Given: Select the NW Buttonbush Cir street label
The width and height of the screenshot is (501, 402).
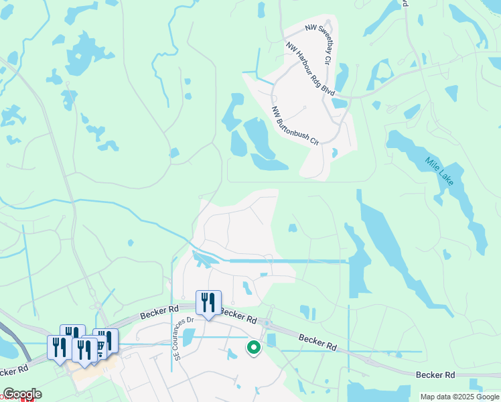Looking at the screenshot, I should click(x=294, y=125).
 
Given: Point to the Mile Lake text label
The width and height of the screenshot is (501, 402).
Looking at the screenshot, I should click(x=439, y=172).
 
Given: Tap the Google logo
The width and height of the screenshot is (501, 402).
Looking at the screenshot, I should click(x=22, y=394).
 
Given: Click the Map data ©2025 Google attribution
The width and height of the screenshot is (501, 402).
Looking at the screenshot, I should click(x=460, y=397).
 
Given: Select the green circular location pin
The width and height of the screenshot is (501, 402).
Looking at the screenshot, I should click(x=253, y=347).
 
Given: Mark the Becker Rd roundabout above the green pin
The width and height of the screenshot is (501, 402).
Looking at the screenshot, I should click(x=267, y=324).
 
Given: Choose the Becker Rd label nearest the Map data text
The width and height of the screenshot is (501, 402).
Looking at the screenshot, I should click(x=435, y=375).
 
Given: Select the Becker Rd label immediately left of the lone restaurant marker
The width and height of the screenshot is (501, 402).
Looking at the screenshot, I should click(x=160, y=312).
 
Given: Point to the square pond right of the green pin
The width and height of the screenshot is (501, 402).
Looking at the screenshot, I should click(x=271, y=340).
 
